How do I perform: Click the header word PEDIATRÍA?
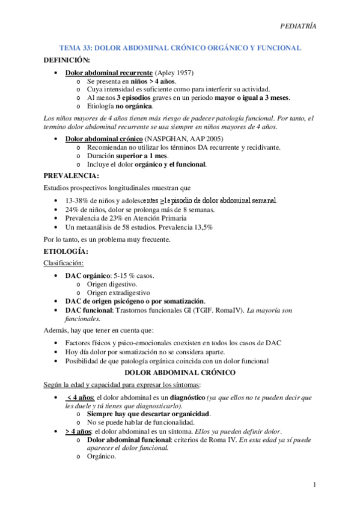(299, 26)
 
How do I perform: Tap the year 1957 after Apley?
(182, 73)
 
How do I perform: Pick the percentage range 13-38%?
(79, 200)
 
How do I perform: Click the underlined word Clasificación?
(64, 263)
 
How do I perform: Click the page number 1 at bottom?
(314, 485)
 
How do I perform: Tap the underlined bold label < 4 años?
(78, 398)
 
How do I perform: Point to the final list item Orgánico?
(101, 456)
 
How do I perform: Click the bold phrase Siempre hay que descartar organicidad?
(148, 414)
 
